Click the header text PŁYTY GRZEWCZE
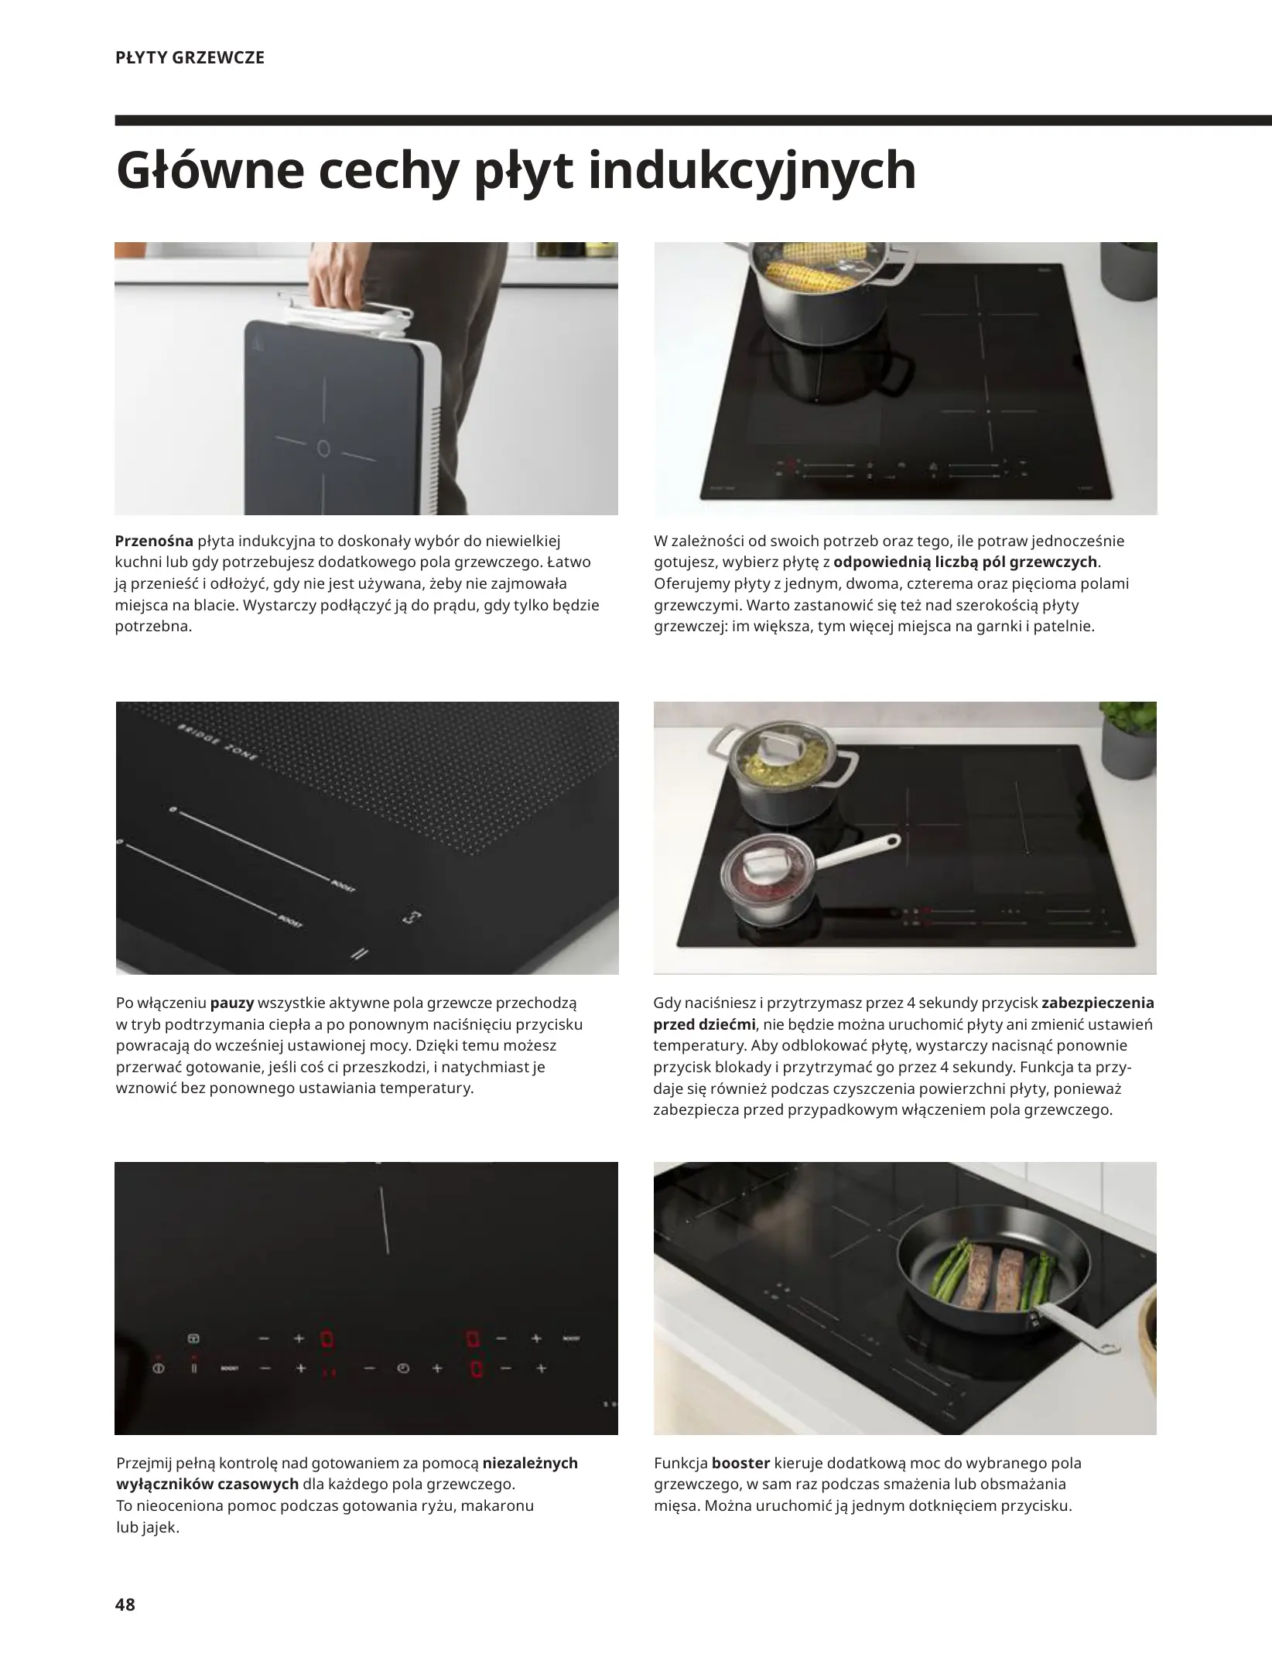tap(190, 57)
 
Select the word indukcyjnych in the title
tap(752, 173)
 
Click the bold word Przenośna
tap(153, 541)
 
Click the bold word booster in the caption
tap(740, 1463)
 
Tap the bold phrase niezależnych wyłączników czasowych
tap(346, 1474)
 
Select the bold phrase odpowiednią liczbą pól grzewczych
tap(966, 562)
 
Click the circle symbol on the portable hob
tap(324, 448)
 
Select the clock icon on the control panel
tap(402, 1369)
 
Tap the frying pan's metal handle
tap(1075, 1326)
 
